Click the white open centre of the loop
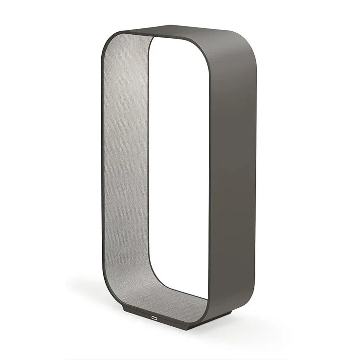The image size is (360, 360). click(x=181, y=161)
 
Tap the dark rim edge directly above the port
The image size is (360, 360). click(x=156, y=311)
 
